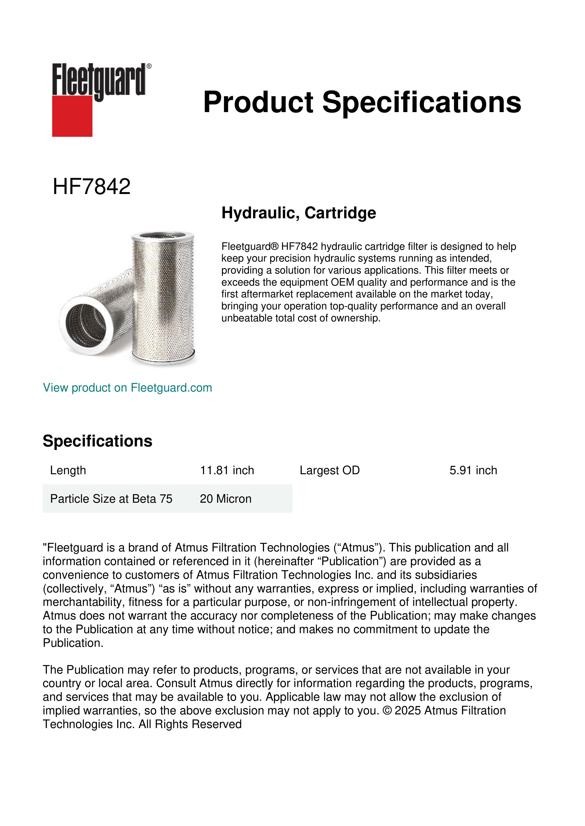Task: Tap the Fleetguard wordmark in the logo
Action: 99,80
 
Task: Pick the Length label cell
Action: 68,470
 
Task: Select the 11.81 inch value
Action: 227,470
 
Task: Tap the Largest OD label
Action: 330,470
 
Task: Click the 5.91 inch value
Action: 473,470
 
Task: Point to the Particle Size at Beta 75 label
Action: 111,499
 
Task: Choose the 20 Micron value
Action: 225,499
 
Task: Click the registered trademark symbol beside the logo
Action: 149,66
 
